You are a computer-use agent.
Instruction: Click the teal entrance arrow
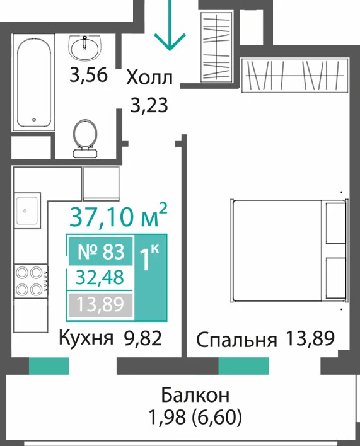click(170, 26)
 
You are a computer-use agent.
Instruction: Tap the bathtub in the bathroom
click(33, 83)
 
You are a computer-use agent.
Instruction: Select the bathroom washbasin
click(84, 48)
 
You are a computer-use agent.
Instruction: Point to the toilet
click(85, 139)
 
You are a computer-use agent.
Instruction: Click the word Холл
click(149, 77)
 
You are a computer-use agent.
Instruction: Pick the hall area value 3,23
click(149, 105)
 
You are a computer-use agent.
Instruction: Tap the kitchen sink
click(27, 210)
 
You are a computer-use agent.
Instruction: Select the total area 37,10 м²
click(118, 215)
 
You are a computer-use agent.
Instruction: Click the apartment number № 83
click(101, 252)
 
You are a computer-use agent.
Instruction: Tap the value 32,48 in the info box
click(100, 278)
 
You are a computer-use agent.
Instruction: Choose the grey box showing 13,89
click(100, 305)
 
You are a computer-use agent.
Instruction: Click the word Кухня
click(86, 338)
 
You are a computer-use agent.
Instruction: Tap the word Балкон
click(195, 396)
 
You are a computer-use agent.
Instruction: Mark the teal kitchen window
click(49, 366)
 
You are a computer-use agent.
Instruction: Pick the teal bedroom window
click(243, 366)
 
